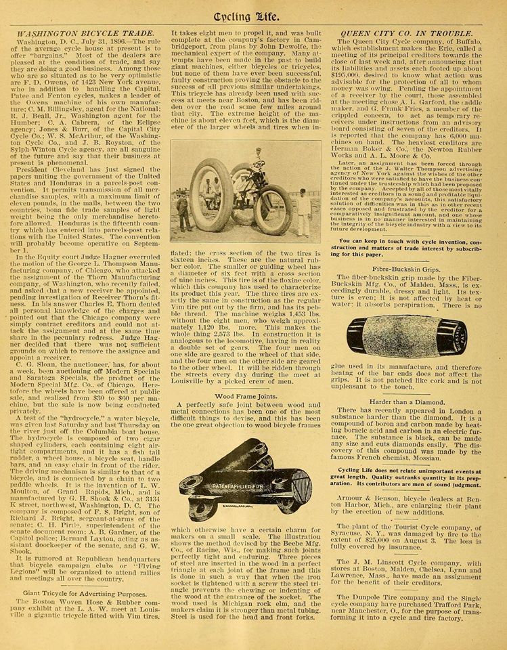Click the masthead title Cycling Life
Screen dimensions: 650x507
click(x=254, y=12)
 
